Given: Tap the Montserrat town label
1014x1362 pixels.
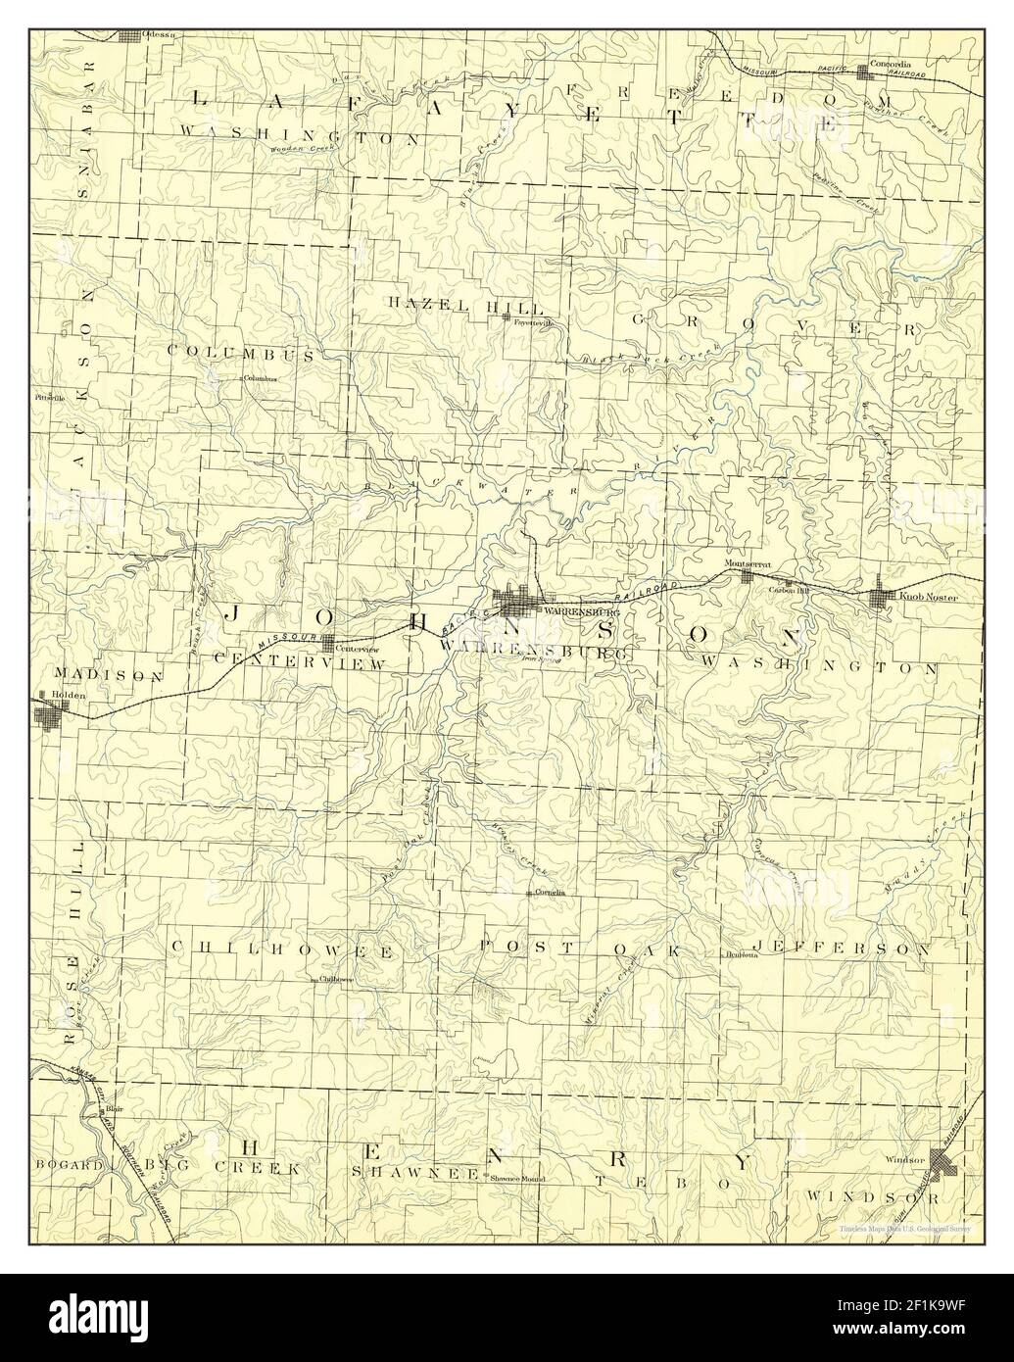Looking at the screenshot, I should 748,565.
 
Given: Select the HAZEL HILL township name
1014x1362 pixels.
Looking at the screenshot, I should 453,307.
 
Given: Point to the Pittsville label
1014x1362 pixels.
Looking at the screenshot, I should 48,399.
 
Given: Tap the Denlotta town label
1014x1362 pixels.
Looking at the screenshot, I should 742,954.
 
